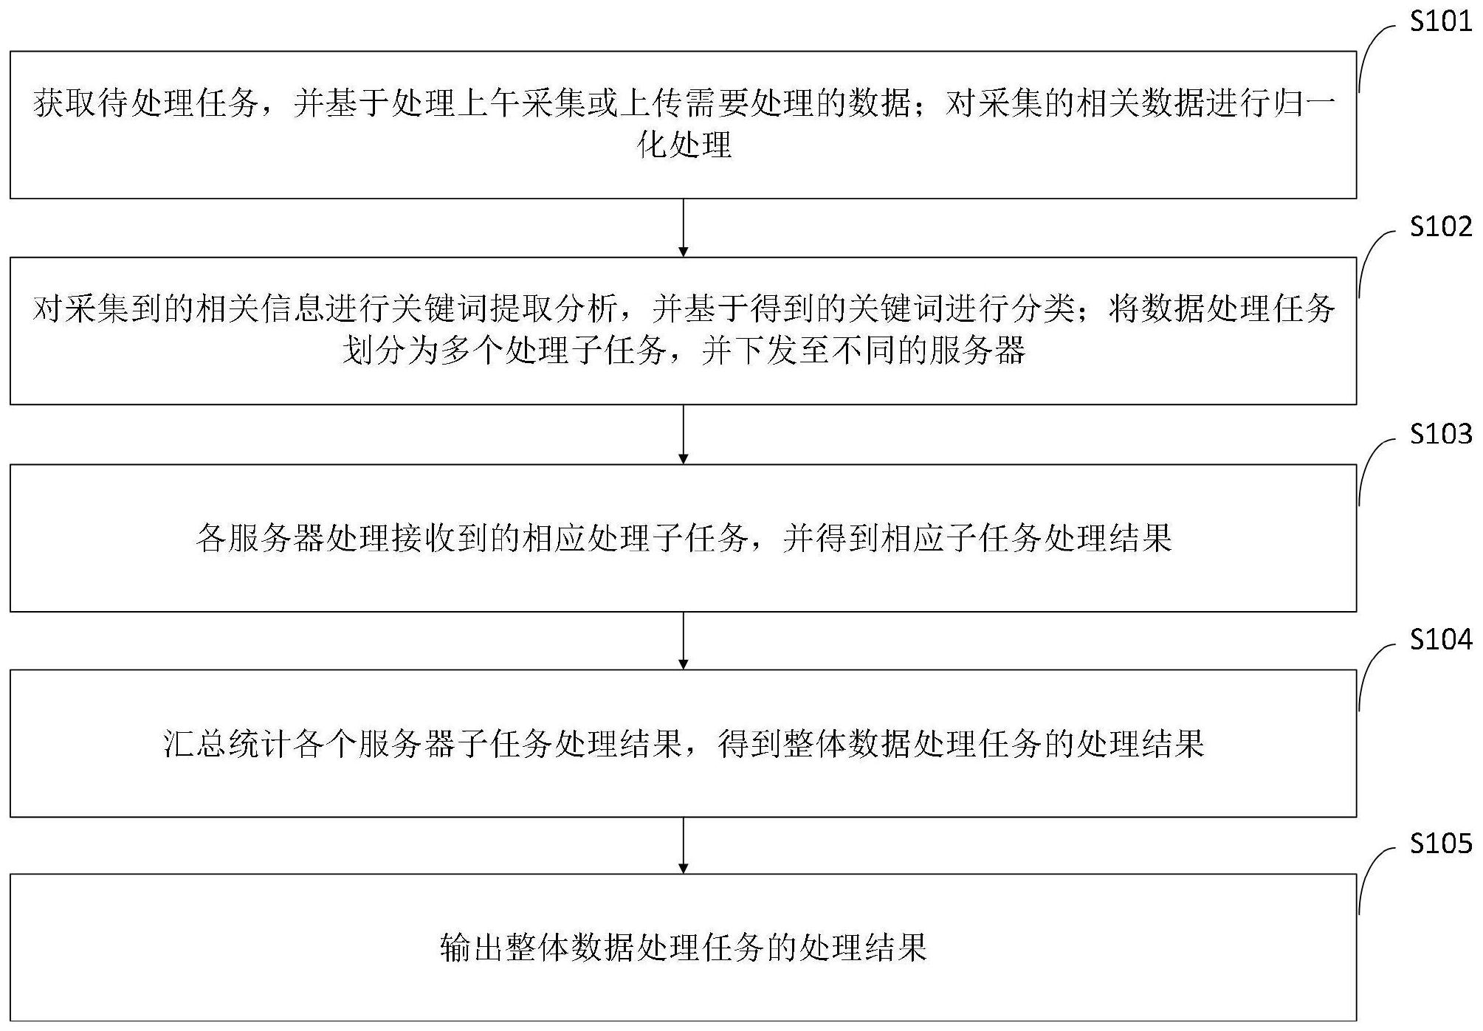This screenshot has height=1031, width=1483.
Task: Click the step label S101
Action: [x=1441, y=21]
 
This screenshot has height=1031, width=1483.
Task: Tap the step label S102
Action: [x=1441, y=226]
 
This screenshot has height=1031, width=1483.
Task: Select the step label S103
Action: [x=1441, y=433]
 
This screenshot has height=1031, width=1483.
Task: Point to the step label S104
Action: [x=1441, y=638]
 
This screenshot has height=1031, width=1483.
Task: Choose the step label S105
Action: [x=1441, y=843]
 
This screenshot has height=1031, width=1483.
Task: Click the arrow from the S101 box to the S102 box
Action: [x=684, y=228]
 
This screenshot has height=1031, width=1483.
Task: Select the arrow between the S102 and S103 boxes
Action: [x=684, y=435]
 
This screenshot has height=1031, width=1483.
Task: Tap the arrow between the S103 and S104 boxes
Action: [x=684, y=641]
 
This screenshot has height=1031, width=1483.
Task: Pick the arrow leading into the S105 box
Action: [x=684, y=846]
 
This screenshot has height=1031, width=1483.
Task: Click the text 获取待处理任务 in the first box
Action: [x=146, y=103]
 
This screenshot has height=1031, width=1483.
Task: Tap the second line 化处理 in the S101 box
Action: [x=684, y=145]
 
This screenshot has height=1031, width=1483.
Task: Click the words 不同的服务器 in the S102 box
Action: [x=929, y=351]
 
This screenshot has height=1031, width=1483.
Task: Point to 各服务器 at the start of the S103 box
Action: [x=261, y=538]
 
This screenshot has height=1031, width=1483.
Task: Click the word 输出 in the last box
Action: [x=472, y=948]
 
